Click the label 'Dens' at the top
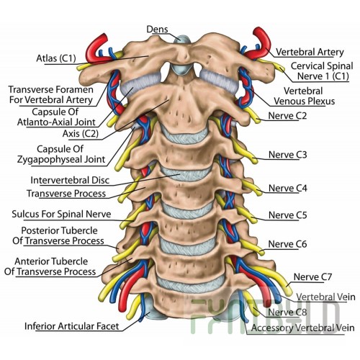point(157,30)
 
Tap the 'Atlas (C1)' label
point(56,58)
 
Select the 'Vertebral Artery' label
point(310,52)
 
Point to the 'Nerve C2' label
point(287,116)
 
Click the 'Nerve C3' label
point(287,155)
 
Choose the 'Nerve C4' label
point(287,188)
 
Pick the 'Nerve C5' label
point(287,215)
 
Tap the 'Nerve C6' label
point(287,244)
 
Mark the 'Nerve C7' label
point(312,277)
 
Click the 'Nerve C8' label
point(287,312)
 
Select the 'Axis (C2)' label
point(81,133)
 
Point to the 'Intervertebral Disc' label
point(70,180)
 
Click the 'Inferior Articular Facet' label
point(72,326)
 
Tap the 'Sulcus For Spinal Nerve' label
point(61,214)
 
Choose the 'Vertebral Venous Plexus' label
point(304,96)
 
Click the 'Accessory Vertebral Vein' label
point(303,328)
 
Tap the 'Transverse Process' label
point(66,194)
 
